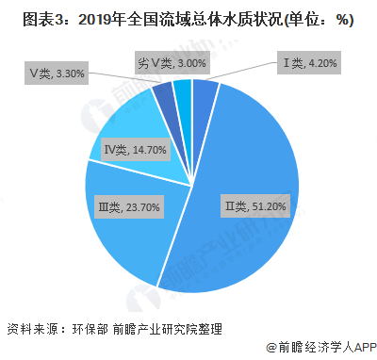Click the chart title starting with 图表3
coord(179,20)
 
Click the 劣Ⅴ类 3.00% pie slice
coord(183,90)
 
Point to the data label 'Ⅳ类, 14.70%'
coord(135,150)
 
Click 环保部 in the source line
coord(93,329)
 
